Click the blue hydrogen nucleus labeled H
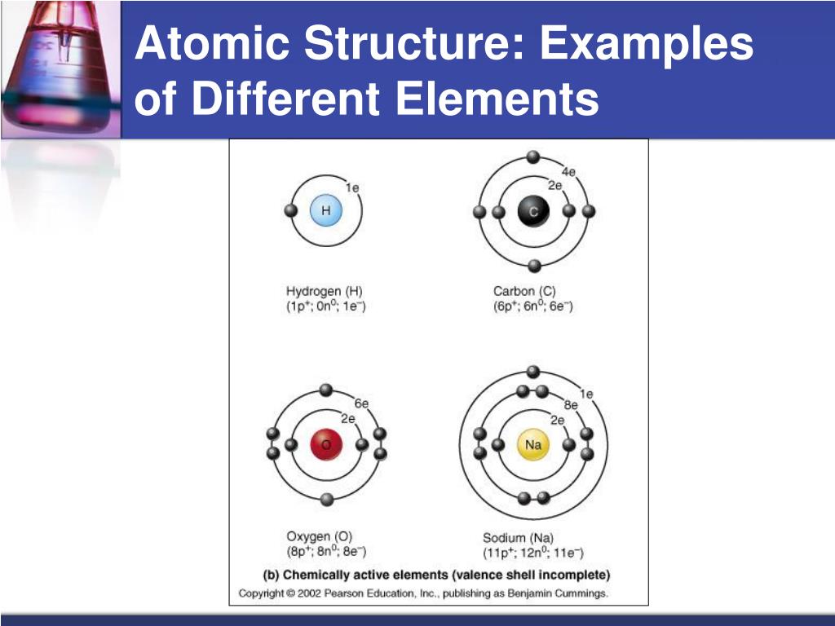pos(326,211)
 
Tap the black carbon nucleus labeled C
pos(533,212)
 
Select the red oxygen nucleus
pos(326,444)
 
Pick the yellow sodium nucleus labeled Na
pos(533,444)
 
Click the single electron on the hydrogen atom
pos(290,211)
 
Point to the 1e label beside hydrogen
pos(352,187)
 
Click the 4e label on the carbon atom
pos(568,171)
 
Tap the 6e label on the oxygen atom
pos(362,403)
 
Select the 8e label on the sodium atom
pos(571,405)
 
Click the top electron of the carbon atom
pos(533,156)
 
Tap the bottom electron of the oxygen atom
pos(326,500)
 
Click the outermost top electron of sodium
pos(533,372)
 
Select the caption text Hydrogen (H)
pos(325,291)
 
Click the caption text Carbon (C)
pos(524,291)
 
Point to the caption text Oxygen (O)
pos(319,536)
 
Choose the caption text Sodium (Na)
pos(518,538)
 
